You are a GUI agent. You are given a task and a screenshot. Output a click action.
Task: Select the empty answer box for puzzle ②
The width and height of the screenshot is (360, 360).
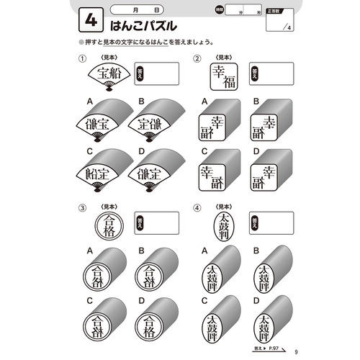(276, 73)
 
